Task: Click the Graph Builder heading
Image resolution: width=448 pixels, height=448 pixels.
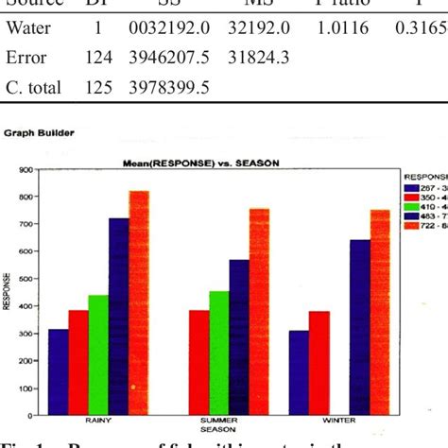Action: [x=36, y=133]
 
